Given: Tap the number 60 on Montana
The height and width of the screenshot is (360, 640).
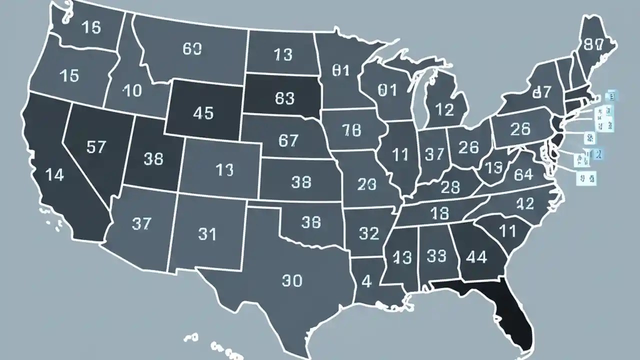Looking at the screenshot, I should pyautogui.click(x=192, y=48).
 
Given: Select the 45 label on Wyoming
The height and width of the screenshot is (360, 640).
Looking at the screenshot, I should pyautogui.click(x=202, y=113).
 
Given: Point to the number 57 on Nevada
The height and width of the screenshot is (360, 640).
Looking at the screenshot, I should pyautogui.click(x=96, y=146).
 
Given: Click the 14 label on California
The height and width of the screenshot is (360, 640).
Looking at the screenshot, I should pyautogui.click(x=54, y=175).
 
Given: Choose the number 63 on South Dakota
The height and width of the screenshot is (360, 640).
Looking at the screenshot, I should pyautogui.click(x=284, y=98).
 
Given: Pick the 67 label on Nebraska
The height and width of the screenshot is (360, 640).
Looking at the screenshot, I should pyautogui.click(x=288, y=140).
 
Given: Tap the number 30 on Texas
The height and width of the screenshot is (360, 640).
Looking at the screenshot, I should pyautogui.click(x=292, y=281).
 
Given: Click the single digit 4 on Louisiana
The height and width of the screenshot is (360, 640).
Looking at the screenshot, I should pyautogui.click(x=366, y=281).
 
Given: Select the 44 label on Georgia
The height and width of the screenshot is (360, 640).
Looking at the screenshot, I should pyautogui.click(x=476, y=257).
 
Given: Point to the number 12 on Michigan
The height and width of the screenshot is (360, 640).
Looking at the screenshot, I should pyautogui.click(x=444, y=108).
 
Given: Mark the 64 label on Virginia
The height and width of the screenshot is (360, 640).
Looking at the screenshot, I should pyautogui.click(x=523, y=174).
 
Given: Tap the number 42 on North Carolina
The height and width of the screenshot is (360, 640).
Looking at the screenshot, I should pyautogui.click(x=524, y=203).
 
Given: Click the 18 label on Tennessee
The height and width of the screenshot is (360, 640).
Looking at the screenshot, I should pyautogui.click(x=440, y=213).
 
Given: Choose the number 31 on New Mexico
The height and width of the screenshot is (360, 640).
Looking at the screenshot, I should pyautogui.click(x=206, y=233).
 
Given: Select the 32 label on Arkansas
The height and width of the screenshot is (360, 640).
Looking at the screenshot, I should pyautogui.click(x=369, y=233).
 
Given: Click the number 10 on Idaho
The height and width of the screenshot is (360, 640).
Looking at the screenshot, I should pyautogui.click(x=132, y=91).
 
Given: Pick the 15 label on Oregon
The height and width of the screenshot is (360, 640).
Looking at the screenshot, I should pyautogui.click(x=69, y=75).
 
